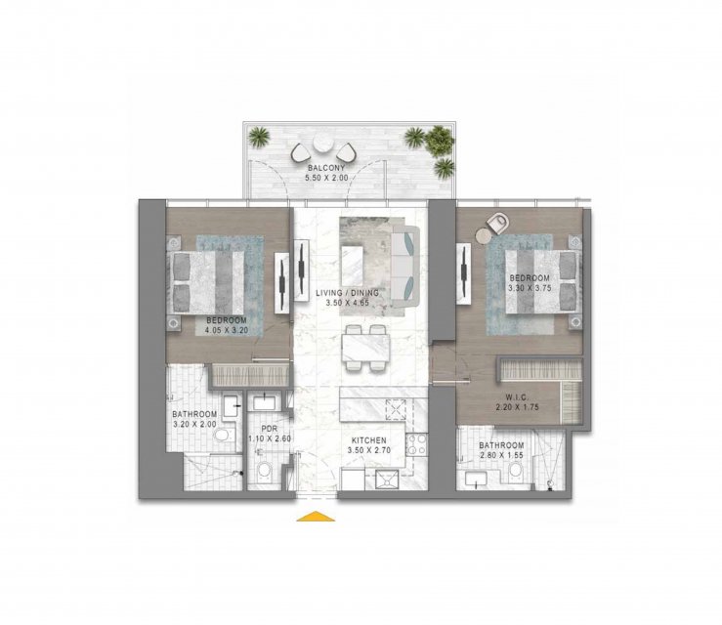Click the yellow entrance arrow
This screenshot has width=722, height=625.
(316, 517)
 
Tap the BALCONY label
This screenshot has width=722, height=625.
(326, 168)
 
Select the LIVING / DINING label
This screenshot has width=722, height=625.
(347, 293)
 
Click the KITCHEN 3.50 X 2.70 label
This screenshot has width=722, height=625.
(369, 445)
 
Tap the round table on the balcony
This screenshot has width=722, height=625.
(322, 144)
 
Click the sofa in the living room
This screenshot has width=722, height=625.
(405, 266)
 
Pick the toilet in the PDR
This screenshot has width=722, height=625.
(265, 471)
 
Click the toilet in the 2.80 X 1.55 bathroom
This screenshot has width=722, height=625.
(515, 471)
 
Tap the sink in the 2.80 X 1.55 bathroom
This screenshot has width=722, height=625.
(474, 479)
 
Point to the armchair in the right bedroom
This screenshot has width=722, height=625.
(498, 223)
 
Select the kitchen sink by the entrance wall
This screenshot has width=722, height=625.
(386, 480)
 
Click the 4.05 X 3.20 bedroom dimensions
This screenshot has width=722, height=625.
(227, 330)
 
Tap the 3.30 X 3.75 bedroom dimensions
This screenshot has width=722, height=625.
(530, 288)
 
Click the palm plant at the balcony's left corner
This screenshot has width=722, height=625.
(259, 136)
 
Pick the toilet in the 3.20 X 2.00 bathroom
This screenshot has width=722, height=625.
(225, 435)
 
